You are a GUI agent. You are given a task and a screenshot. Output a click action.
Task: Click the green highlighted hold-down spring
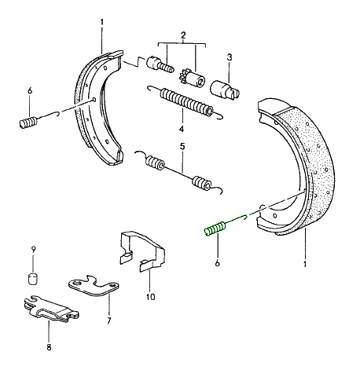coord(215,228)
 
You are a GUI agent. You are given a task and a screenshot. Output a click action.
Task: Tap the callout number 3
coord(230,57)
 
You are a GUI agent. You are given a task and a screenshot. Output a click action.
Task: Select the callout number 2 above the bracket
coord(183,35)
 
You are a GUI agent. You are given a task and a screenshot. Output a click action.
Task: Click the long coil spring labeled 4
coord(186,102)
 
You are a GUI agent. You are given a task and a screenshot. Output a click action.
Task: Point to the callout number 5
coord(182,147)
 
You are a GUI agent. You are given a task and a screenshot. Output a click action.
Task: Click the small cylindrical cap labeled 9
coord(33,279)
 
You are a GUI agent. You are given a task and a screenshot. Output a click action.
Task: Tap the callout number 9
coord(33,250)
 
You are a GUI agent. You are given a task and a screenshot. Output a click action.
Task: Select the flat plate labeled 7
coord(94,286)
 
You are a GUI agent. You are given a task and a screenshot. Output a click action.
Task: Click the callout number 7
coord(109,320)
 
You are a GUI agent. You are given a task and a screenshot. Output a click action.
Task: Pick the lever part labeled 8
coord(50,309)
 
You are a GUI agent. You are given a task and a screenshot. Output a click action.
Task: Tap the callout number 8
coord(49,347)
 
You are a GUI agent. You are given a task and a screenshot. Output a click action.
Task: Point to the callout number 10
coord(150,297)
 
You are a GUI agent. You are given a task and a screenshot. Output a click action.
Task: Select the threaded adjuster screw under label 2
coord(160,64)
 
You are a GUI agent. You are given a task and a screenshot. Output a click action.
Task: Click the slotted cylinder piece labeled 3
coord(225,89)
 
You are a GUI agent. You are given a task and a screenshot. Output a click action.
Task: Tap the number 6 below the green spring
coord(217,263)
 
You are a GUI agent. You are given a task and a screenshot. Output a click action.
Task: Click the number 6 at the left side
coord(30,91)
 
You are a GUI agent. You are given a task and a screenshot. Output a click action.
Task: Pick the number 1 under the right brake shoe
coord(305,264)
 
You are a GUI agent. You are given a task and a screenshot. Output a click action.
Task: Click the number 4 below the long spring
coord(182,129)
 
